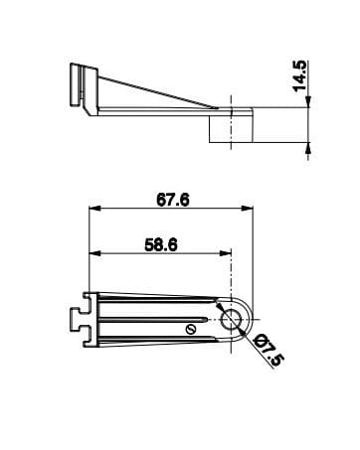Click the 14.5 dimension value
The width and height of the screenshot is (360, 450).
point(300,75)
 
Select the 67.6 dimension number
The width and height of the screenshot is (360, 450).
point(173,200)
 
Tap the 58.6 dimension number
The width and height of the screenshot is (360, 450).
point(161,245)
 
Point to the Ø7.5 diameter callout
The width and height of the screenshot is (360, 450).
point(269,350)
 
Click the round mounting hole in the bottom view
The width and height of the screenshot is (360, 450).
point(231,320)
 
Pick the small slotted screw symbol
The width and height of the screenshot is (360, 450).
point(191,330)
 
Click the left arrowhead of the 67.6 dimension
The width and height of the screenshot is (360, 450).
point(94,209)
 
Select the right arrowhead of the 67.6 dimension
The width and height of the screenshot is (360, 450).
point(248,209)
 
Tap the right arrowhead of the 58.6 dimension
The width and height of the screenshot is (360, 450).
point(225,253)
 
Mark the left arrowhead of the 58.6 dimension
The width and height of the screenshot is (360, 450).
point(94,253)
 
